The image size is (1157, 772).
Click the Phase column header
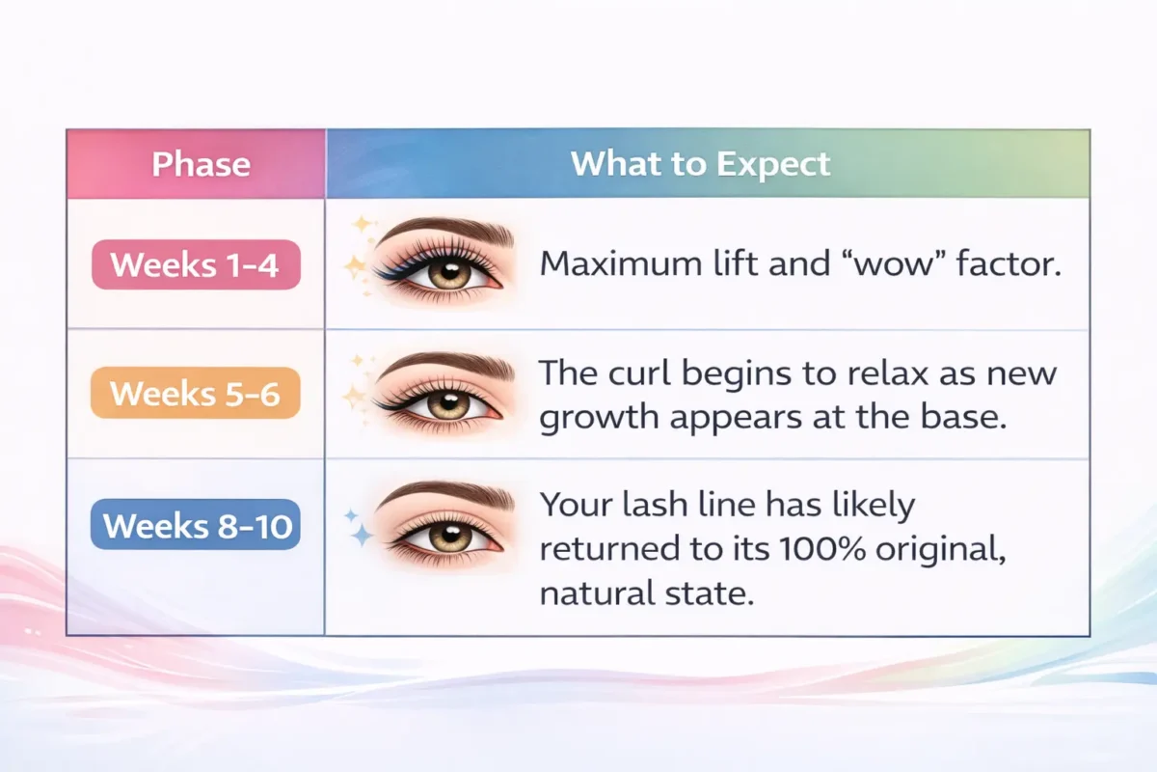click(x=201, y=164)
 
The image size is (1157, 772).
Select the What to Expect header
click(x=700, y=164)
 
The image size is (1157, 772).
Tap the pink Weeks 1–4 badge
click(x=196, y=264)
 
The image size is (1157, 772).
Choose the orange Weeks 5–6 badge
click(x=195, y=393)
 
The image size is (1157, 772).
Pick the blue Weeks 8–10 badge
click(x=195, y=524)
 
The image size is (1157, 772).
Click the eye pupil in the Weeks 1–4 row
click(x=449, y=272)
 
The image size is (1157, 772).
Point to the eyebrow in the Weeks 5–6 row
click(x=446, y=365)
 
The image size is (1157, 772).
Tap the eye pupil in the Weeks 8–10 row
click(x=449, y=535)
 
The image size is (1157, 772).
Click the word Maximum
click(x=621, y=263)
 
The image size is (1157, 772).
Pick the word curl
click(x=640, y=372)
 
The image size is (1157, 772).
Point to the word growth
click(x=599, y=418)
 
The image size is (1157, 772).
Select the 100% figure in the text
click(x=822, y=549)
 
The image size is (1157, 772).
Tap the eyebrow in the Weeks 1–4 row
click(x=446, y=230)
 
